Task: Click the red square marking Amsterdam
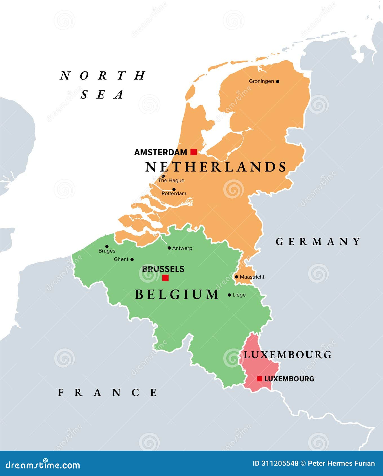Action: click(x=193, y=152)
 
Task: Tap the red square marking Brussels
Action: click(x=165, y=278)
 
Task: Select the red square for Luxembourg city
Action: click(x=260, y=379)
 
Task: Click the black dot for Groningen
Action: click(x=278, y=81)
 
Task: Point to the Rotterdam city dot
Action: click(x=174, y=189)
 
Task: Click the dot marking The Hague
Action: click(x=163, y=176)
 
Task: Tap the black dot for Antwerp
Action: click(x=169, y=248)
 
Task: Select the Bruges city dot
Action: click(x=107, y=246)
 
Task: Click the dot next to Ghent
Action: click(x=132, y=259)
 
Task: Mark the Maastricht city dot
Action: click(x=236, y=277)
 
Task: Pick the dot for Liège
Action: click(x=229, y=295)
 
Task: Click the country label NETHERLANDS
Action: click(x=216, y=167)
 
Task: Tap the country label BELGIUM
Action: click(x=177, y=295)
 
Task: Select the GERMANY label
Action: click(x=318, y=242)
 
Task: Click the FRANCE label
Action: click(x=108, y=393)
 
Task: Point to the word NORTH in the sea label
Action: click(x=103, y=75)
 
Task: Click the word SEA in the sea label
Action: click(x=102, y=95)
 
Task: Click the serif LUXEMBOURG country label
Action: click(x=287, y=355)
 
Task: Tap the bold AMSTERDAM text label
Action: click(x=161, y=152)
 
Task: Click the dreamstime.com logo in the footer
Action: click(x=43, y=465)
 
